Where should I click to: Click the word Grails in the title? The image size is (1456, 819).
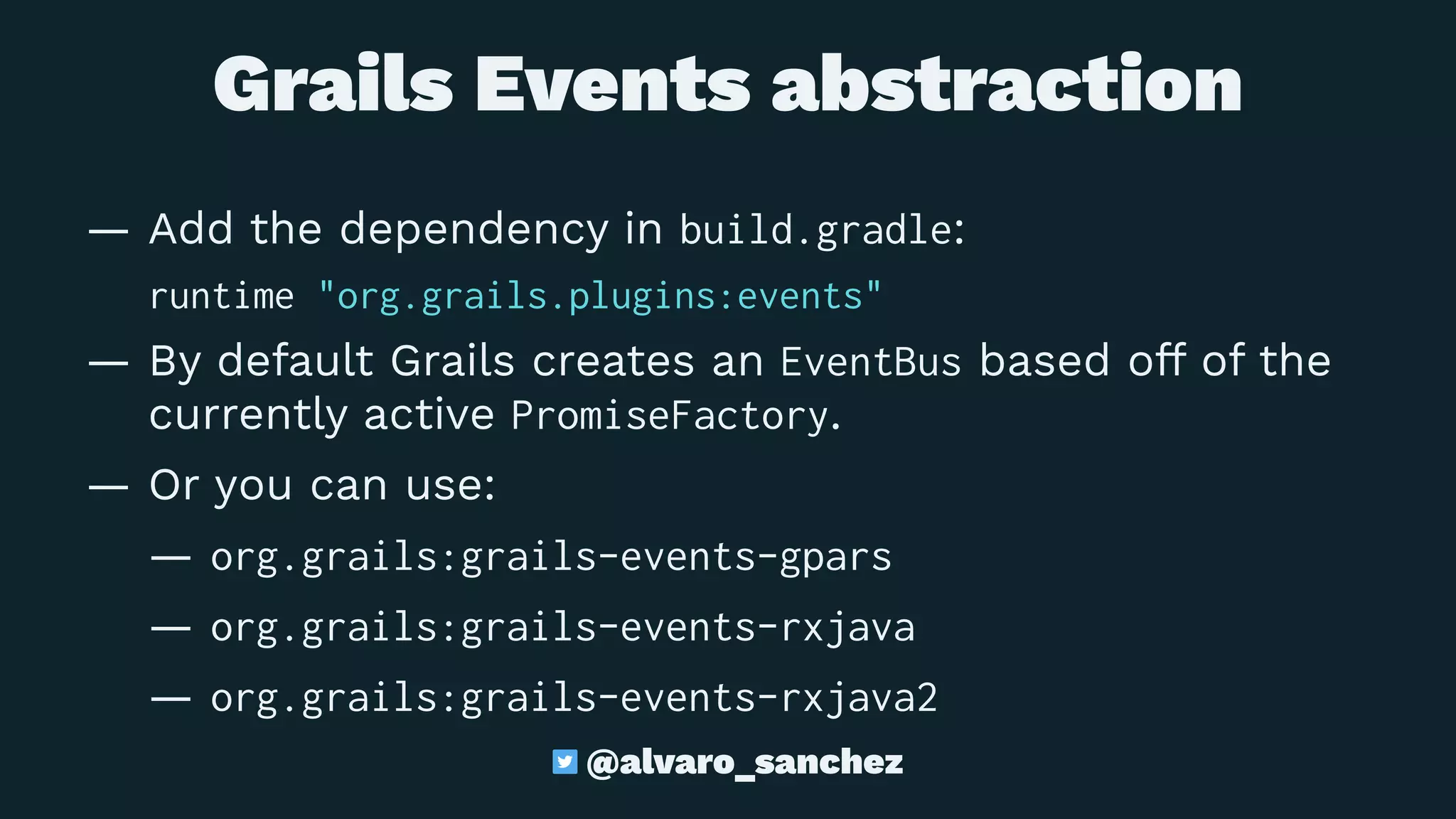click(333, 85)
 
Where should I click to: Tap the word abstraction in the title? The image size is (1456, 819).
click(1007, 85)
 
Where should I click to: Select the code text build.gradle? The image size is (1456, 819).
click(816, 230)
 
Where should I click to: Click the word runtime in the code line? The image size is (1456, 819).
click(222, 296)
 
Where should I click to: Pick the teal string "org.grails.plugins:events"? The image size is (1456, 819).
click(600, 296)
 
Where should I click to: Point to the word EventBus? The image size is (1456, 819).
click(871, 362)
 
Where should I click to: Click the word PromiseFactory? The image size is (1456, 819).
click(670, 416)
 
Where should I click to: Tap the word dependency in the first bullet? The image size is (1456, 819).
click(473, 230)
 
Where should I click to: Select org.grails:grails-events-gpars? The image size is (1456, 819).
click(551, 557)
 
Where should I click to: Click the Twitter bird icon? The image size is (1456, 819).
click(565, 762)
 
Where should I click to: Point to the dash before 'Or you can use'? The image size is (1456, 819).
click(109, 488)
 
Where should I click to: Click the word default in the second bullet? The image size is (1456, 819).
click(295, 361)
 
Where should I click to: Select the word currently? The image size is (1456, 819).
click(248, 416)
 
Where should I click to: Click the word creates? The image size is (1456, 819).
click(613, 361)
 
